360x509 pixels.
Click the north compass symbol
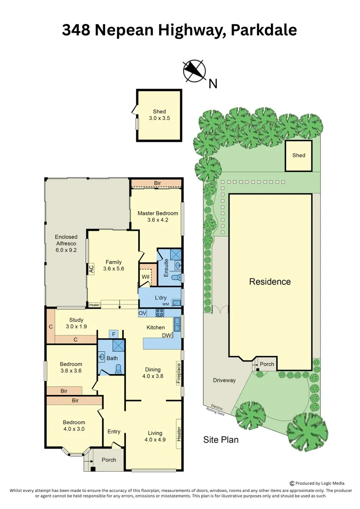coord(195,71)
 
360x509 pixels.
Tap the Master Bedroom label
coord(158,213)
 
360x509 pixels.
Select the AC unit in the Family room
coord(91,269)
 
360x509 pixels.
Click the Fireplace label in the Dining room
coord(179,374)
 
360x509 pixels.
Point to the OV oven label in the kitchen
coord(142,313)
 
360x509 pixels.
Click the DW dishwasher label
coord(166,336)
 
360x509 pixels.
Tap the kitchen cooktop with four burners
coord(160,313)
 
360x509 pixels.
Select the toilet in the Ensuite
coord(176,278)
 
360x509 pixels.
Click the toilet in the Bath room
coord(118,369)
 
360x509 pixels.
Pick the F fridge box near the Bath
coord(114,334)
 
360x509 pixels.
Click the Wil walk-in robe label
coord(146,277)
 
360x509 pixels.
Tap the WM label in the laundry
coord(165,304)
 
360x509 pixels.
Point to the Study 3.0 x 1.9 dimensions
coord(76,327)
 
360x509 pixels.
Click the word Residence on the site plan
coord(270,281)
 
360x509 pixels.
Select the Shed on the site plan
coord(299,156)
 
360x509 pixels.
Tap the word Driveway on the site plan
coord(224,380)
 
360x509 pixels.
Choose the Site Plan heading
coord(221,440)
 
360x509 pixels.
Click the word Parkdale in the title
coord(263,30)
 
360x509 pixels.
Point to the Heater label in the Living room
coord(179,434)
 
